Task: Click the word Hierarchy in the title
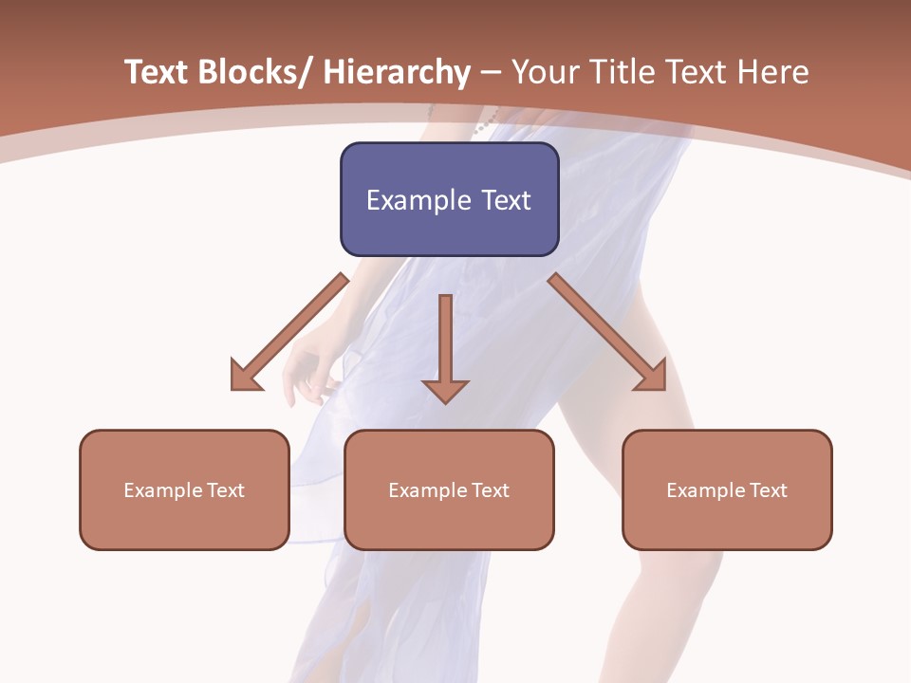397,73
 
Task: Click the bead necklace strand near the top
487,121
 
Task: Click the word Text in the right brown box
769,490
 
